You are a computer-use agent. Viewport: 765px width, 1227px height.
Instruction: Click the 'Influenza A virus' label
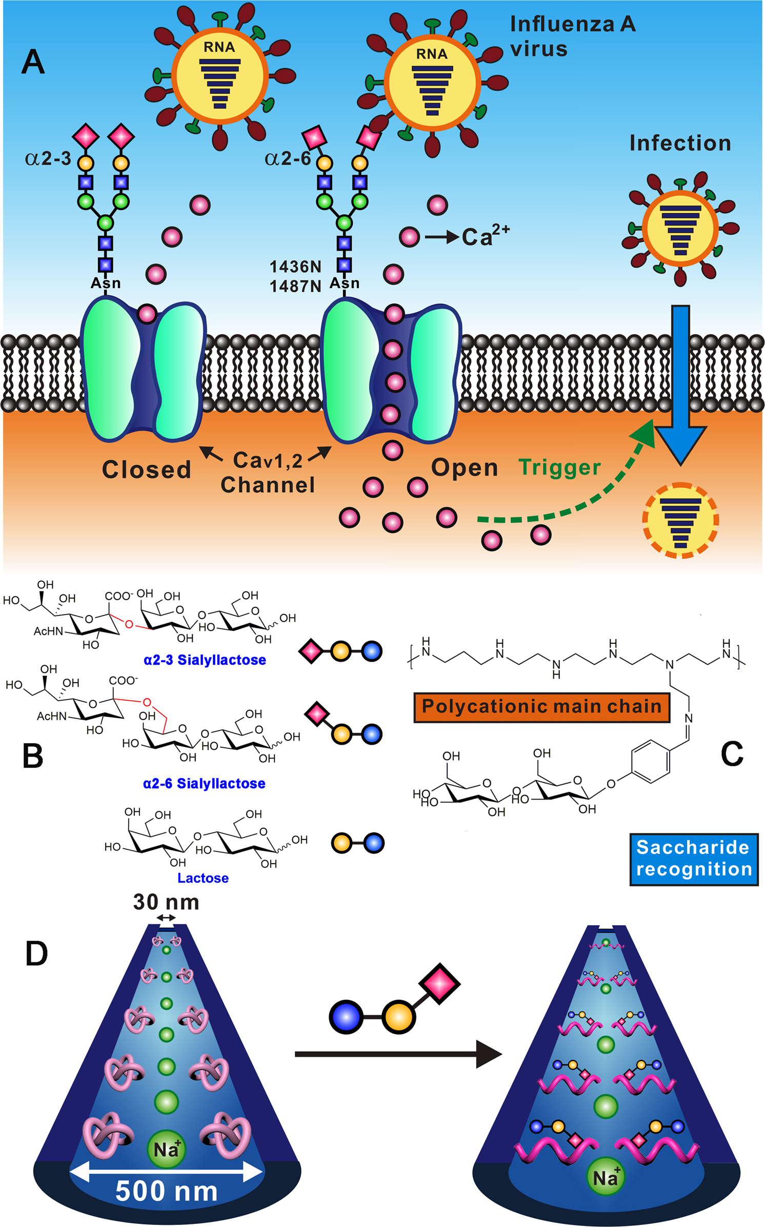[x=572, y=37]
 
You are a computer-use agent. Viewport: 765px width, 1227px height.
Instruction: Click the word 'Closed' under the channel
[x=147, y=469]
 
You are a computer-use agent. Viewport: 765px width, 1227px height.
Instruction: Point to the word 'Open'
[x=465, y=467]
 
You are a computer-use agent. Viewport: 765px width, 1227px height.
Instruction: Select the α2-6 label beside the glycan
[x=288, y=159]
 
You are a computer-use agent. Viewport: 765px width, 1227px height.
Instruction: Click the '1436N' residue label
[x=295, y=267]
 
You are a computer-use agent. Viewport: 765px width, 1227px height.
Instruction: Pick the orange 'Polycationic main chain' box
[x=541, y=707]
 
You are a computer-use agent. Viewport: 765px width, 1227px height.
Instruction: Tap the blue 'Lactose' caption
[x=203, y=878]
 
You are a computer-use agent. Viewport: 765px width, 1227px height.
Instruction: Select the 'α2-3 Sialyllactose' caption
[x=205, y=660]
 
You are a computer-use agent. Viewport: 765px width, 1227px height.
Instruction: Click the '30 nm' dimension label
[x=166, y=902]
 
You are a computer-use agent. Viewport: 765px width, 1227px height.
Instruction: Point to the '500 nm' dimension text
[x=167, y=1191]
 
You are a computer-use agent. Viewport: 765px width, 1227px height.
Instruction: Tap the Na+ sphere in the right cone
[x=606, y=1177]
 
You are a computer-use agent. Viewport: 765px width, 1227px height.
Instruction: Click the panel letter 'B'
[x=33, y=756]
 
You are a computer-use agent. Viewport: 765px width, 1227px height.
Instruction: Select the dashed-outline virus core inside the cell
[x=680, y=520]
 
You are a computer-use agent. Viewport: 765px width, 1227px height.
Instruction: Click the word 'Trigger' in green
[x=559, y=467]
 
